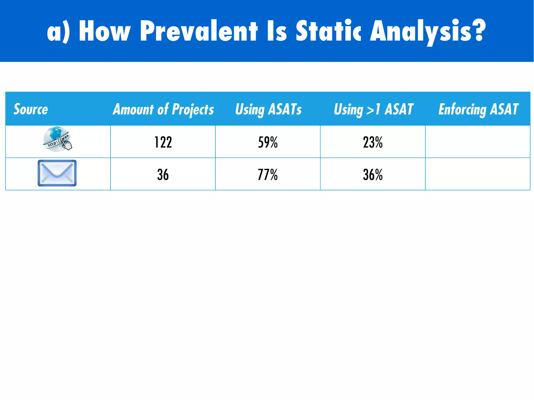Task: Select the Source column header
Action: [31, 109]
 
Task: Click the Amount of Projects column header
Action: [163, 109]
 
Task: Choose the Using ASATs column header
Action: [268, 109]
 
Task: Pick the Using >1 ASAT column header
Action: [373, 109]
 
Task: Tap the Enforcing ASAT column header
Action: [478, 109]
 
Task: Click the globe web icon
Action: [56, 139]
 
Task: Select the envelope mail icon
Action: [57, 173]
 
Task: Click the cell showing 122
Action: [163, 142]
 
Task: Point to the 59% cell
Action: [268, 142]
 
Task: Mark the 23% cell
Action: [373, 142]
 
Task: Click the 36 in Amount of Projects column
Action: [163, 175]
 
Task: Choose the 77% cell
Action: [268, 175]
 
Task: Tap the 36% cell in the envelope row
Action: [373, 175]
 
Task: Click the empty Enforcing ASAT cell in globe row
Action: [478, 142]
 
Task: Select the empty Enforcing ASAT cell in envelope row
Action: [478, 174]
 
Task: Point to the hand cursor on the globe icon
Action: [67, 145]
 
